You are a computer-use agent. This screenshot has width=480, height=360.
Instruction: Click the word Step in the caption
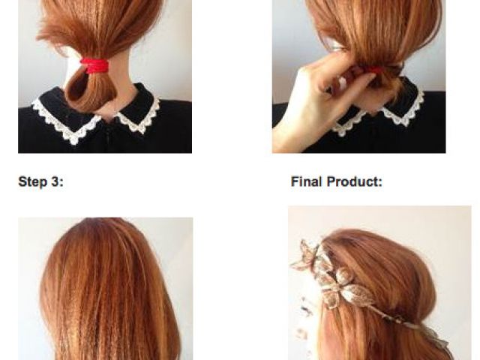pos(32,181)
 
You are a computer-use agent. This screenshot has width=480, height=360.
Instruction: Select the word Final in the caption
pos(307,181)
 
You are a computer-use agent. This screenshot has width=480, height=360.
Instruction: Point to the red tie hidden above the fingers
pos(375,70)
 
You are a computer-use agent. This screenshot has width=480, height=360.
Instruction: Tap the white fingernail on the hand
pos(342,82)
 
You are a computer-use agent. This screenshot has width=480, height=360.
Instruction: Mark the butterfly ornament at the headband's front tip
pos(307,255)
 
